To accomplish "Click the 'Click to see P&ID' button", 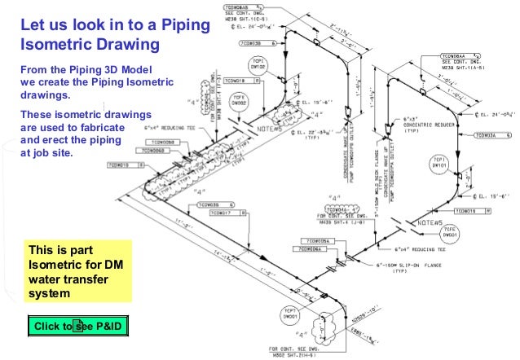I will (78, 327).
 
